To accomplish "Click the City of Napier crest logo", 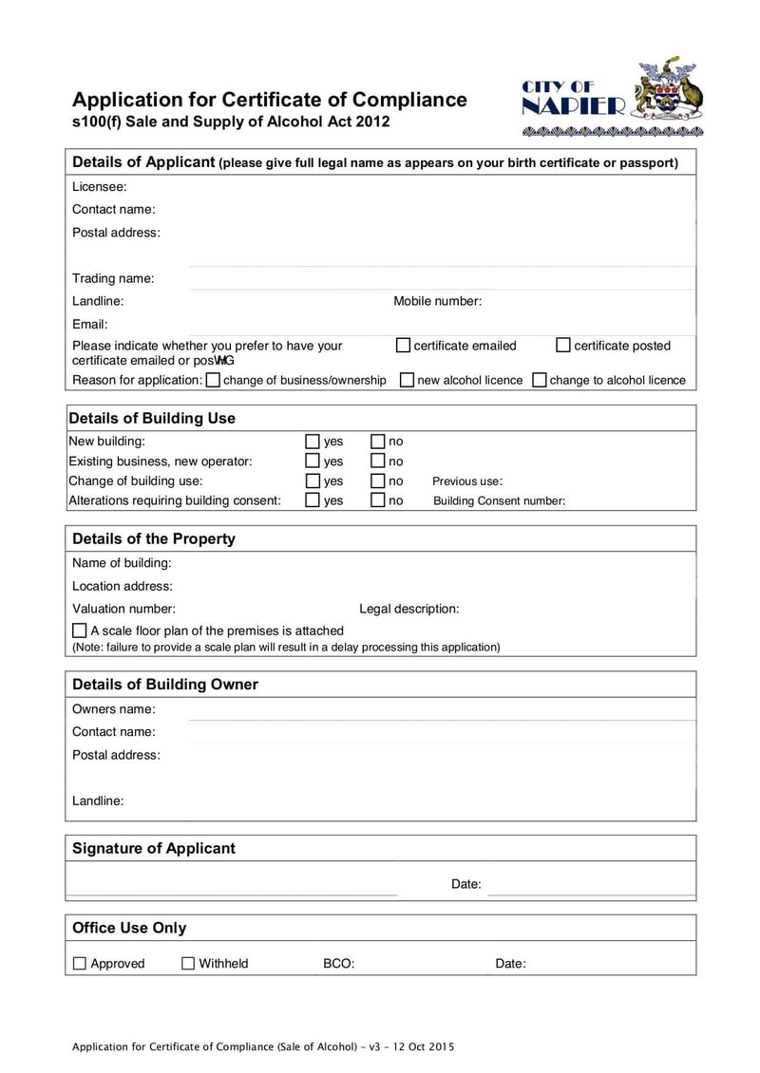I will click(614, 97).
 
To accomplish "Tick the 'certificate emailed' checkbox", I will click(403, 345).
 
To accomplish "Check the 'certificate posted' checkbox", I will click(563, 345).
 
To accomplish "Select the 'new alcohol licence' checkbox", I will click(407, 380).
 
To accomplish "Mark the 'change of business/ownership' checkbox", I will click(213, 380).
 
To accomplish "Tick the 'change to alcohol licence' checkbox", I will click(539, 380).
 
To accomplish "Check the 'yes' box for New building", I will click(313, 442).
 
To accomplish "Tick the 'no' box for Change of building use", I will click(377, 480).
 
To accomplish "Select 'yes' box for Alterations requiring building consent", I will click(313, 500).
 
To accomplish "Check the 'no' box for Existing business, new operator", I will click(377, 461).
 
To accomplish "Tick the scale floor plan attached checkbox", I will click(80, 631).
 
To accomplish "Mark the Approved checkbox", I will click(80, 964).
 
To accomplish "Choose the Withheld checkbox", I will click(188, 964).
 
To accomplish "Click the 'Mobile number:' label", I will click(437, 301).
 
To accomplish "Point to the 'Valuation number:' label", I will click(123, 609).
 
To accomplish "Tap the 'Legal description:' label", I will click(408, 609).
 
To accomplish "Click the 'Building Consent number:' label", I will click(499, 501).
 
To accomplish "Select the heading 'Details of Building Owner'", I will click(165, 685).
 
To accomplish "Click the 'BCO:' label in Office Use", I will click(338, 964).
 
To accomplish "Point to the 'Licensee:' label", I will click(100, 187).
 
